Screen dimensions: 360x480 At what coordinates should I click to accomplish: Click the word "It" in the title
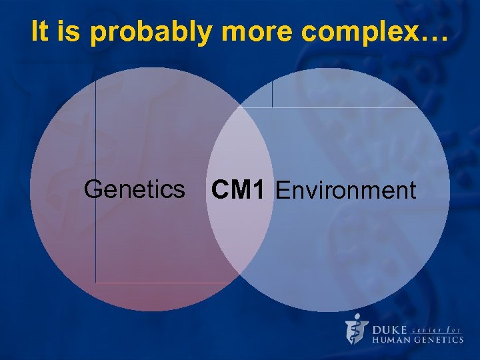pos(39,32)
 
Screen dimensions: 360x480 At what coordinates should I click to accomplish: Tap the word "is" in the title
pos(68,32)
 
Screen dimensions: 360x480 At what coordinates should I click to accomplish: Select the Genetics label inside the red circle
pos(134,189)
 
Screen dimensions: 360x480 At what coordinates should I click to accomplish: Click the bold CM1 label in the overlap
pos(238,190)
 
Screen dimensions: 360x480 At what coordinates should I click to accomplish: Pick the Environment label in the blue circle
pos(345,191)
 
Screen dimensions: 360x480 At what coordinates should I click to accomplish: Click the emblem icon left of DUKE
pos(356,328)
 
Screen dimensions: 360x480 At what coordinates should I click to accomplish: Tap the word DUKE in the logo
pos(391,329)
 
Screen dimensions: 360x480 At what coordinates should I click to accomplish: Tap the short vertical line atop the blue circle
pos(272,93)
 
